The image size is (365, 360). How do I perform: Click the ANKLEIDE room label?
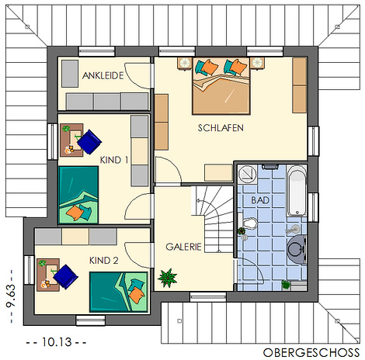103,75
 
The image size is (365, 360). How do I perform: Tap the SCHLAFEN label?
221,128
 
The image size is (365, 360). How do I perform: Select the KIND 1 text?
114,160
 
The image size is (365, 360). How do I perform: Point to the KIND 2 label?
104,261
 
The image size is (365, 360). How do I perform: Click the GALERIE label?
183,247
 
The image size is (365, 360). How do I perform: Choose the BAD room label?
260,200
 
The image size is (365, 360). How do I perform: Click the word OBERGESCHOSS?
311,352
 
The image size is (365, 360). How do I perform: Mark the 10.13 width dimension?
57,342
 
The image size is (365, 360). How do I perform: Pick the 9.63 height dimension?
11,296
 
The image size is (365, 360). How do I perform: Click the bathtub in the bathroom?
297,191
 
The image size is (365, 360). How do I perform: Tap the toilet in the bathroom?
249,223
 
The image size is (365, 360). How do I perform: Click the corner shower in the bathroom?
247,175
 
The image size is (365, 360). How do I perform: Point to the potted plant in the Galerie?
168,278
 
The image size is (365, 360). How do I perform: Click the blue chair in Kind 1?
89,142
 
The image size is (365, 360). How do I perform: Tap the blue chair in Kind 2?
65,276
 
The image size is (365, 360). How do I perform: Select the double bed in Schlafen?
221,86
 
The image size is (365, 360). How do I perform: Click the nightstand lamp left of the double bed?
185,63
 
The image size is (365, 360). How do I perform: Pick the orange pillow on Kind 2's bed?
136,294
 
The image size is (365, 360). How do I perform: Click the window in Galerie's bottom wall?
208,296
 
